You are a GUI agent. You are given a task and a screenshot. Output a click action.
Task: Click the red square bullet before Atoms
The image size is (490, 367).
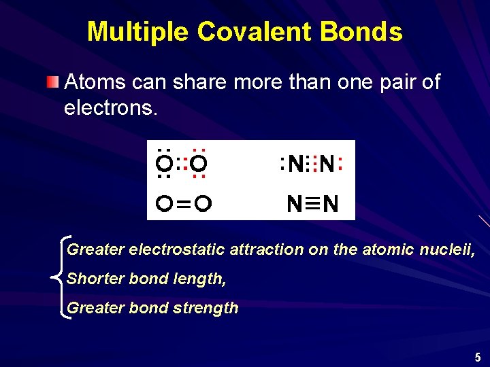click(x=53, y=83)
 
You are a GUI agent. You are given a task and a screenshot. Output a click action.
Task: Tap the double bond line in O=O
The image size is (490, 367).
click(x=182, y=203)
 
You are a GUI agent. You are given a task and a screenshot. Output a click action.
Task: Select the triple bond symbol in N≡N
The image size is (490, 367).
click(x=313, y=203)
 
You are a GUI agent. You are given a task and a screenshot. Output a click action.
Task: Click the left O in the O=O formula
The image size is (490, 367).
click(x=163, y=203)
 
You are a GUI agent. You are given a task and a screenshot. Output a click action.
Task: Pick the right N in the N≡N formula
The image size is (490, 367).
click(x=331, y=203)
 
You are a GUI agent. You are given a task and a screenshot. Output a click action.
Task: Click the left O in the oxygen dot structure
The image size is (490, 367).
click(x=163, y=164)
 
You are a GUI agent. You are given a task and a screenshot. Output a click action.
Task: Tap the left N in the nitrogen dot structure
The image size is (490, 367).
click(x=295, y=164)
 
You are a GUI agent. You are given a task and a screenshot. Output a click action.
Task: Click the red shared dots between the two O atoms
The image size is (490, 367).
click(x=182, y=164)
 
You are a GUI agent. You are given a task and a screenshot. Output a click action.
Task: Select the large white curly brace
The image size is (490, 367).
click(x=59, y=277)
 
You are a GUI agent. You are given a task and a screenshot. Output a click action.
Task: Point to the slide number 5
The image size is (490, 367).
click(x=478, y=357)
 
